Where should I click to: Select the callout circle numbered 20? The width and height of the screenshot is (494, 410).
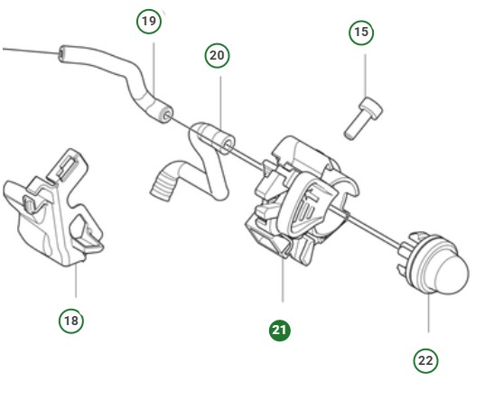217,55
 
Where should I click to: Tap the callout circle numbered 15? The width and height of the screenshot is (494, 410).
361,33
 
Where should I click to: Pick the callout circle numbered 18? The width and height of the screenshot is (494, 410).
71,320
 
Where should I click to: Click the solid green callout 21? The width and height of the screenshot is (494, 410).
280,331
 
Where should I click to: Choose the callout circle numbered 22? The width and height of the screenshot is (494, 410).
425,360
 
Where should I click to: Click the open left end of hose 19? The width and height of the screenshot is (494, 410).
62,55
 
